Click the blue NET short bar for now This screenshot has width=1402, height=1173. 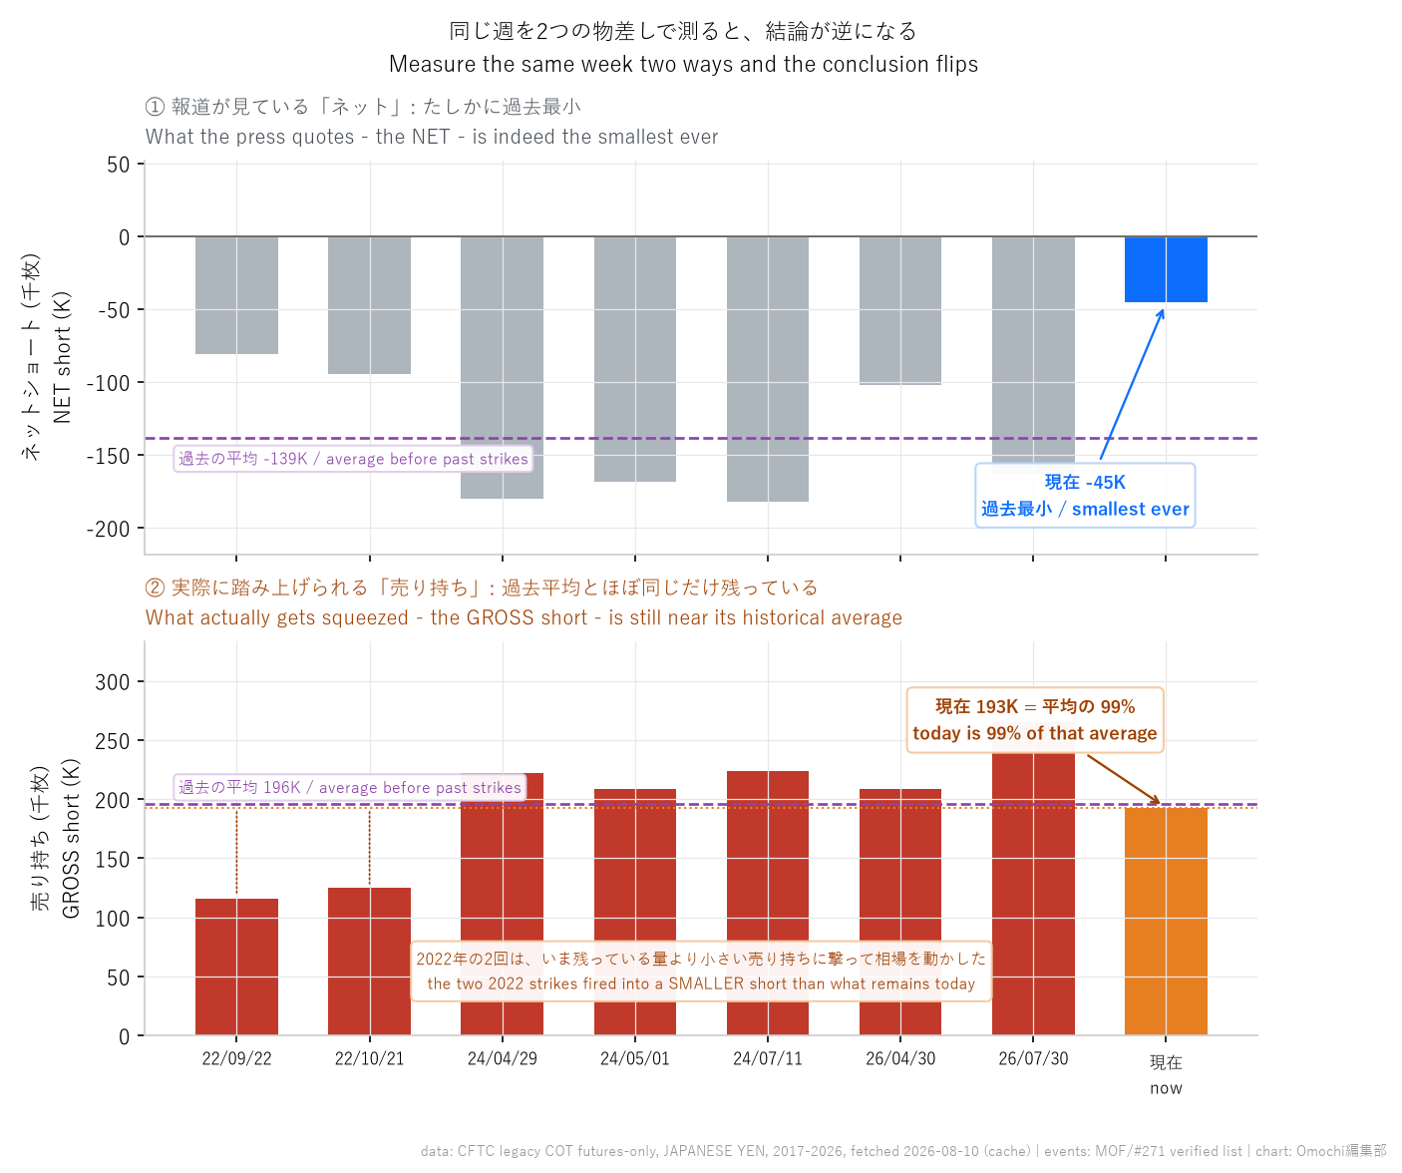click(1166, 269)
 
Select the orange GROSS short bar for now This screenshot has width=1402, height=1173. click(1166, 921)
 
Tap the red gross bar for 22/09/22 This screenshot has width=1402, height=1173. click(236, 967)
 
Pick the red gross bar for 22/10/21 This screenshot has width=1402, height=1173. click(369, 962)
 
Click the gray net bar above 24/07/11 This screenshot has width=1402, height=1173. click(768, 369)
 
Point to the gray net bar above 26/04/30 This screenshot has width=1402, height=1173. click(900, 310)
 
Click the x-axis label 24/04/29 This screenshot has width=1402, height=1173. click(503, 1058)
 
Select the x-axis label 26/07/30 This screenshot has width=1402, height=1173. click(1033, 1058)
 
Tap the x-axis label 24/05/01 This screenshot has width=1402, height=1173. click(634, 1058)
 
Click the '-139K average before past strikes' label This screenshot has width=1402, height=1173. click(353, 459)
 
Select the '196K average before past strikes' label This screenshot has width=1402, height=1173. click(350, 787)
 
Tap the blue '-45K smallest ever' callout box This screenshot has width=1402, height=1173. click(1085, 495)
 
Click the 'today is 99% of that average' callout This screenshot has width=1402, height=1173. click(1035, 719)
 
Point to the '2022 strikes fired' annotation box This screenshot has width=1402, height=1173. click(701, 971)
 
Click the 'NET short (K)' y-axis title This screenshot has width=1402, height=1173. click(62, 357)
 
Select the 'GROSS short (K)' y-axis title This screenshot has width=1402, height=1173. click(71, 839)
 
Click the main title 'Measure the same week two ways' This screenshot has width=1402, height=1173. click(683, 64)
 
